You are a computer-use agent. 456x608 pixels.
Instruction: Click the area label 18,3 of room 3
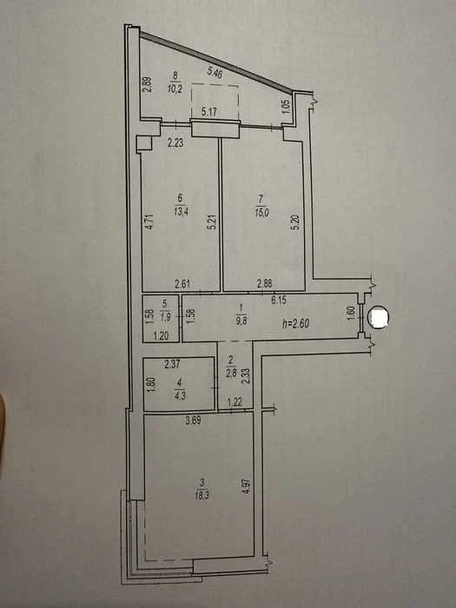click(x=202, y=495)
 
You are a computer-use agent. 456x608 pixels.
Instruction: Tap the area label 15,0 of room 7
click(x=261, y=213)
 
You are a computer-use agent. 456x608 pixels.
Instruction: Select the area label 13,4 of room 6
click(x=181, y=211)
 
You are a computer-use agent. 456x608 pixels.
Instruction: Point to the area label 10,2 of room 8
click(x=175, y=89)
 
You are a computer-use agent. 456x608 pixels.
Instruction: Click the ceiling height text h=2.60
click(x=297, y=322)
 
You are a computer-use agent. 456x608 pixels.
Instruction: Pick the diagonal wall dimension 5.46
click(x=215, y=72)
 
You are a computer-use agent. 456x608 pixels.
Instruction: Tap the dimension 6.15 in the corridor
click(x=279, y=300)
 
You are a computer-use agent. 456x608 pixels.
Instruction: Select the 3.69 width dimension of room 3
click(x=193, y=420)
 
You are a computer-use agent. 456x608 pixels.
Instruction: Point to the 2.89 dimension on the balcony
click(x=148, y=85)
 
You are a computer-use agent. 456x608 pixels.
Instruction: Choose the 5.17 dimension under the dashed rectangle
click(x=209, y=112)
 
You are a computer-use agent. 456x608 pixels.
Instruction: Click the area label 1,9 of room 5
click(x=165, y=314)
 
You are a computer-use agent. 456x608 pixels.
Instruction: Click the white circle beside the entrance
click(x=378, y=318)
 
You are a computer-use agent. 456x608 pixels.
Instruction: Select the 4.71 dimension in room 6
click(x=152, y=222)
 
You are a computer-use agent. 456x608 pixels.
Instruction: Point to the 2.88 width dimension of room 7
click(x=264, y=283)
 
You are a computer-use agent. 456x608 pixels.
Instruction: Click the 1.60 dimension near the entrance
click(x=350, y=314)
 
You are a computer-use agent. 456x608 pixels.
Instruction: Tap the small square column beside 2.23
click(x=143, y=143)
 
